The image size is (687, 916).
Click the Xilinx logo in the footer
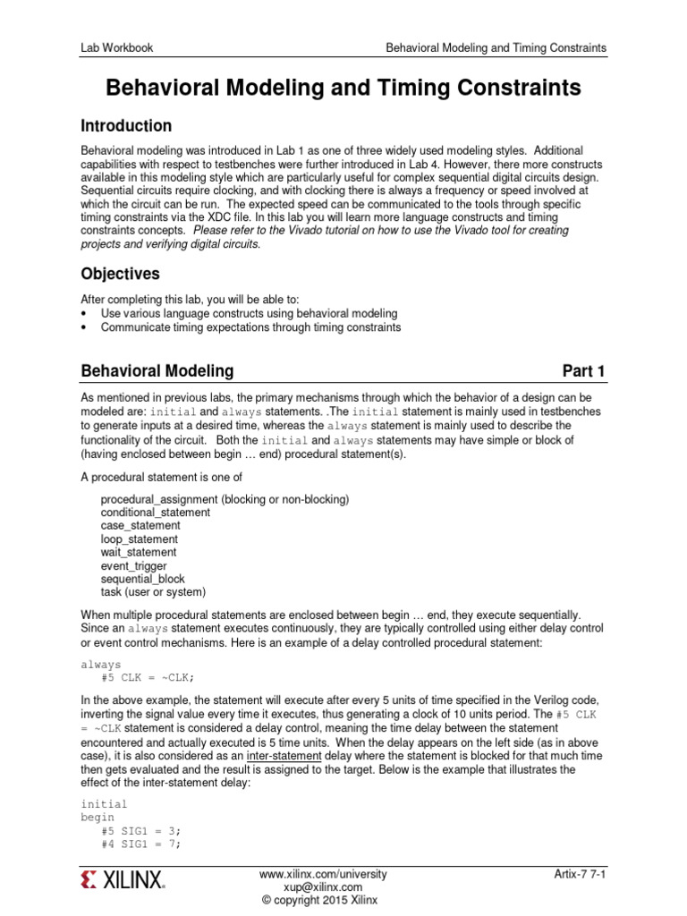(x=123, y=881)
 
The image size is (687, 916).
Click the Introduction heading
(x=126, y=125)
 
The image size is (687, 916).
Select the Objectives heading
(x=121, y=273)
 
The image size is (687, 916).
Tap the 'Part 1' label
(x=584, y=370)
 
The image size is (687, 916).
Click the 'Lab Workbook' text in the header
(x=116, y=47)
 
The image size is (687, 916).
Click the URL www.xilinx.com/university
(x=323, y=872)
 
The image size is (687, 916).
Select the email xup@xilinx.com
(x=323, y=886)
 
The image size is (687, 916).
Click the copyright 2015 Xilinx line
(x=323, y=900)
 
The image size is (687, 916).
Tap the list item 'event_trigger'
(x=133, y=566)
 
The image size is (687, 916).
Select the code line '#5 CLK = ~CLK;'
(x=147, y=677)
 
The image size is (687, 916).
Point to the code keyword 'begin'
(x=98, y=818)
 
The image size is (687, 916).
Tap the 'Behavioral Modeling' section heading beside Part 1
(x=157, y=370)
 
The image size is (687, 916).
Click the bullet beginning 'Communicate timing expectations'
(x=250, y=327)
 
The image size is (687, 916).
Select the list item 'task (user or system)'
(x=153, y=592)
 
